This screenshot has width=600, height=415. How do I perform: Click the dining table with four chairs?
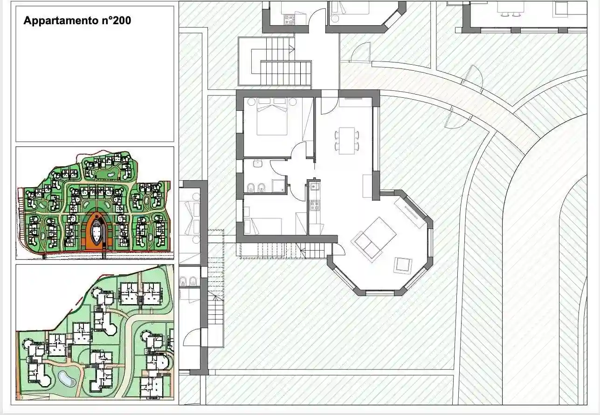(x=346, y=140)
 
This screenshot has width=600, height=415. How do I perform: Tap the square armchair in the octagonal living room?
(x=403, y=265)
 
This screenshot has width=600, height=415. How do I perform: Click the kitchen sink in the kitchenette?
(x=314, y=187)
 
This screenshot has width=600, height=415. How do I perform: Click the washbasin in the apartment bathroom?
(x=257, y=164)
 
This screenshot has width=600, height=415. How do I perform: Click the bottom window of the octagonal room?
(x=380, y=293)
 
